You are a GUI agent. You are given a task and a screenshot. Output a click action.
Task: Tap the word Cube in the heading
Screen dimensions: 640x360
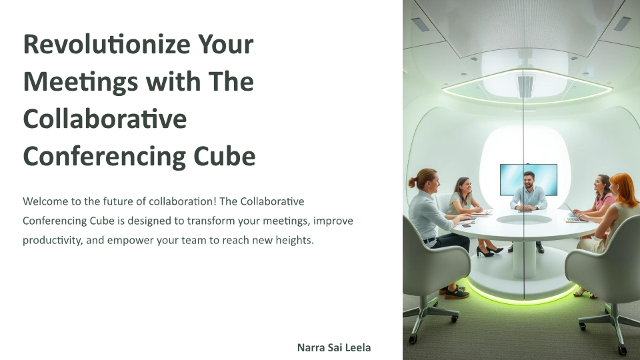point(225,156)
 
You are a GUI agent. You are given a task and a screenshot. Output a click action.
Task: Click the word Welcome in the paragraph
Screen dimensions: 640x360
point(46,201)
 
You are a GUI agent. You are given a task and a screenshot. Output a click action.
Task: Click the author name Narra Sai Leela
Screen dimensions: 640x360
point(334,348)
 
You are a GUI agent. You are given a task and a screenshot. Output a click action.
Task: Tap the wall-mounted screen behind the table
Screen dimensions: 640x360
point(528,179)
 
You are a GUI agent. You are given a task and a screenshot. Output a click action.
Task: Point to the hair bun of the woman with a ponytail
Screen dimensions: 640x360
point(412,183)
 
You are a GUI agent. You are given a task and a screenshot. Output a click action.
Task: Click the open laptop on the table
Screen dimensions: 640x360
point(573,214)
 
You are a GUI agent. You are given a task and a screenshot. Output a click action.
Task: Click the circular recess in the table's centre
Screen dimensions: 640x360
point(524,219)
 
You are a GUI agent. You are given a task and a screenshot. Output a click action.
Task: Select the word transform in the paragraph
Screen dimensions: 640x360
point(211,221)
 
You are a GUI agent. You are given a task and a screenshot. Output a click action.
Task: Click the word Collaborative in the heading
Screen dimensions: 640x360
point(105,119)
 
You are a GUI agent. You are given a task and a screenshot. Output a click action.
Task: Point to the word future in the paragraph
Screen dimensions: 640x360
point(119,201)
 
